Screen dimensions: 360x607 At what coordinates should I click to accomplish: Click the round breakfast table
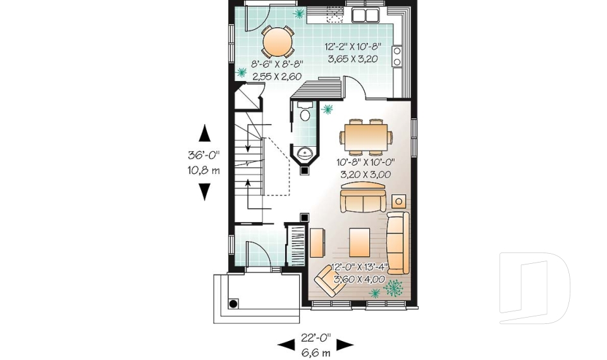tap(278, 42)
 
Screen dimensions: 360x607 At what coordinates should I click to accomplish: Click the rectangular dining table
tap(364, 135)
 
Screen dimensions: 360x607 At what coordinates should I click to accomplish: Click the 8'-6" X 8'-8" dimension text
tap(278, 70)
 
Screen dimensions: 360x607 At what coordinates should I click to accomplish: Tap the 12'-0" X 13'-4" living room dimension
tap(358, 273)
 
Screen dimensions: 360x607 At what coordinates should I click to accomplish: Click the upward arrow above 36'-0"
tap(204, 133)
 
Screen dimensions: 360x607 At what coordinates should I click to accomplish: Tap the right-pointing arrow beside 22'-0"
tap(345, 344)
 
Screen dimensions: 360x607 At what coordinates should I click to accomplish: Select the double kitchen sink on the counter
tap(365, 15)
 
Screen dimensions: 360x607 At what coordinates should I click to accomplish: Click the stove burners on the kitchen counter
tap(397, 56)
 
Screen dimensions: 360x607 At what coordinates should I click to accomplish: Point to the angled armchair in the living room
tap(331, 280)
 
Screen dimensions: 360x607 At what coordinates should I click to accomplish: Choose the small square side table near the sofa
tap(399, 201)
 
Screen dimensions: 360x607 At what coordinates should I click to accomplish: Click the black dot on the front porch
tap(233, 304)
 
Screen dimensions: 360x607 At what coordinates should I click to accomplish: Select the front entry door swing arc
tap(258, 256)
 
